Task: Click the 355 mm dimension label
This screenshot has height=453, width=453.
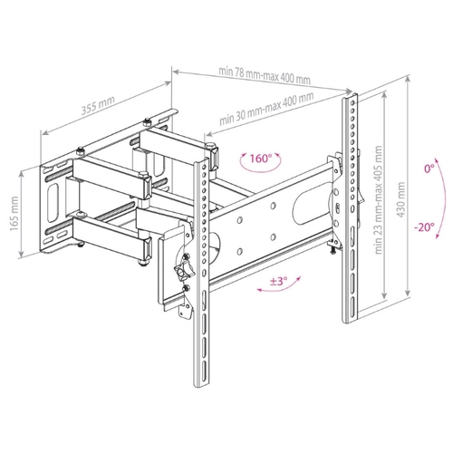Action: point(98,106)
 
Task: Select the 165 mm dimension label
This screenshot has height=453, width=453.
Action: point(14,214)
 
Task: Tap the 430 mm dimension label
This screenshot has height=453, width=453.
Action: point(401,199)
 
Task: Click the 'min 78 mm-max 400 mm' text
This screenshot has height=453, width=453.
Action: point(265,76)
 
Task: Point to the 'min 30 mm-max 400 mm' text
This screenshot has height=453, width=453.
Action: point(266,109)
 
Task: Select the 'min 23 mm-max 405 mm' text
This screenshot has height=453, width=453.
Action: point(379,200)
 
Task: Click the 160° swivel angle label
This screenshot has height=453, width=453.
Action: point(261,159)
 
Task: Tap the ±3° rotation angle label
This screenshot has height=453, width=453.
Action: point(278,282)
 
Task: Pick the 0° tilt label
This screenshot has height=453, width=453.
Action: point(429,169)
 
